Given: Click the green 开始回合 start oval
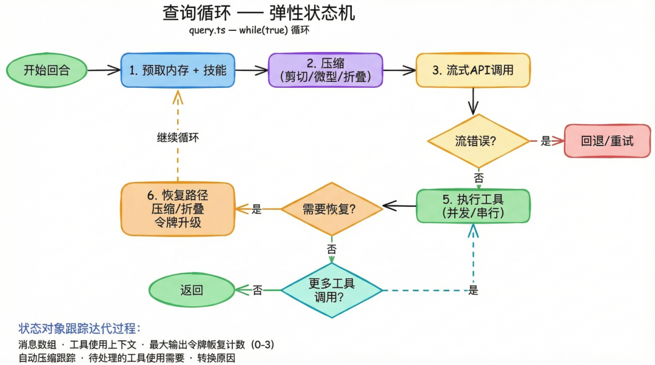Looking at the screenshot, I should coord(47,70).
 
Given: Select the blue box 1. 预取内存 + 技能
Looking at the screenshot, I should coord(178,70).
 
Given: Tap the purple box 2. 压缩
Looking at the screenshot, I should coord(326,70).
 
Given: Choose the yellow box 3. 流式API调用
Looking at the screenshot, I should coord(472,70).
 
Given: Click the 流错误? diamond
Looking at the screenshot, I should coord(479,141).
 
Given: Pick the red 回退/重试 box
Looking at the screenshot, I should coord(606,141).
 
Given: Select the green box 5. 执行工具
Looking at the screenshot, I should coord(473,206).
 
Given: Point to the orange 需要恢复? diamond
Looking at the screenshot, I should coord(331,209).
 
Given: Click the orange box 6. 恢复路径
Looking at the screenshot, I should coord(178,209).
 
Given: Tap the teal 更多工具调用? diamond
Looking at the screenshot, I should coord(331,290).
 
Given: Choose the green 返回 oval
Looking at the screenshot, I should coord(192,290).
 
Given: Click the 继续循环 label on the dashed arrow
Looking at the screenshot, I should coord(178,138).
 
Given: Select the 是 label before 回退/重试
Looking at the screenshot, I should coord(546,141).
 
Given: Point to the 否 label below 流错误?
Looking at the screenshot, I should coord(479,178).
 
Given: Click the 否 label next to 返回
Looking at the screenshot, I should coord(258,290).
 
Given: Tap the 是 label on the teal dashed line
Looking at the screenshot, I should coord(473,290).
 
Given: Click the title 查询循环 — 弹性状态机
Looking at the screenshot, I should coord(259,13).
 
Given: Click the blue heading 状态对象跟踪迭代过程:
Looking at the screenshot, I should coord(79,329).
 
